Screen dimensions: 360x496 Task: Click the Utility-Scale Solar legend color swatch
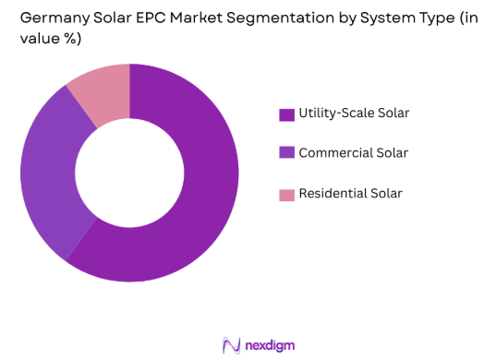point(286,114)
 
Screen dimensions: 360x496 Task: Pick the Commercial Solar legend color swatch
point(286,153)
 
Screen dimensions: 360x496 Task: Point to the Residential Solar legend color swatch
point(286,194)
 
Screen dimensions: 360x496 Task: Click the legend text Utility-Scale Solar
point(354,114)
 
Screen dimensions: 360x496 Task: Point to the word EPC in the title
point(138,17)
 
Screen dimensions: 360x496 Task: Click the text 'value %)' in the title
point(49,38)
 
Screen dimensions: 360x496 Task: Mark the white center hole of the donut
point(129,173)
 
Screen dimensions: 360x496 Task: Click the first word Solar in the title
point(100,17)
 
